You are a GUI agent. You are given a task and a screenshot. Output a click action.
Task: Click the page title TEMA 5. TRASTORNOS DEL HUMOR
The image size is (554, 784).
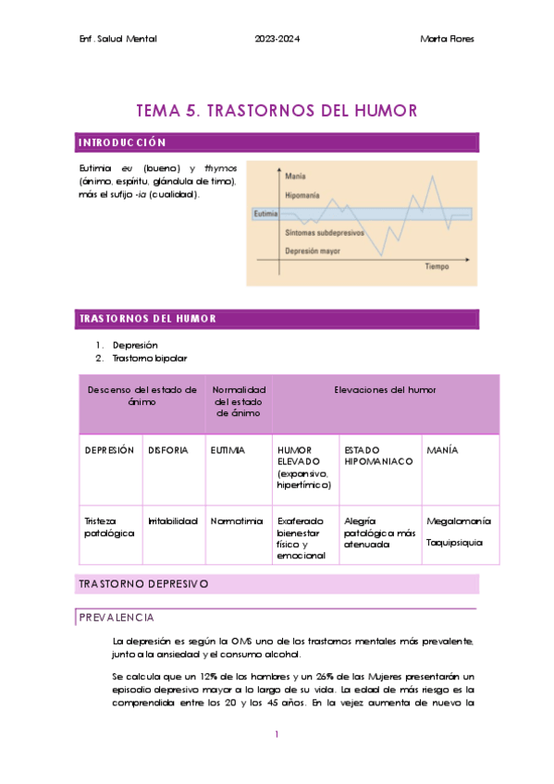(x=277, y=111)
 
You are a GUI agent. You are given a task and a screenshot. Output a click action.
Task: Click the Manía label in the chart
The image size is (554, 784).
(x=297, y=176)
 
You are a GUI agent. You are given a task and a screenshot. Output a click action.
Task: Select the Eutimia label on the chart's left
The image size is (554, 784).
(x=265, y=214)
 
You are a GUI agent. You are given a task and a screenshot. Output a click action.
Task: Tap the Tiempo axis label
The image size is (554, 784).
(x=437, y=266)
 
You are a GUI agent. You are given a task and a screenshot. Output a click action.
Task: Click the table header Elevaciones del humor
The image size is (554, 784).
(x=385, y=390)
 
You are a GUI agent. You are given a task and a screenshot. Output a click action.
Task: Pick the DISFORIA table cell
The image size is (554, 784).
(x=168, y=449)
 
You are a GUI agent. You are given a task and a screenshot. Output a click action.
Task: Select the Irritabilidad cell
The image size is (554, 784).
(x=173, y=521)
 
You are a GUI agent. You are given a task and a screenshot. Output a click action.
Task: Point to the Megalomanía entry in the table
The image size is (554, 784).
(x=458, y=521)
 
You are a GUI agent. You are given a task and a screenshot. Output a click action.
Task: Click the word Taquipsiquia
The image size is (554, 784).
(x=454, y=543)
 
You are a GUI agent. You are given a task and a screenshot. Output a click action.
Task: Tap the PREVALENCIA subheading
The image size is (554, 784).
(x=117, y=618)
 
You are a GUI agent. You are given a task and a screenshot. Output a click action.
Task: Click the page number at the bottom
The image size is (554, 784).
(x=277, y=735)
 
